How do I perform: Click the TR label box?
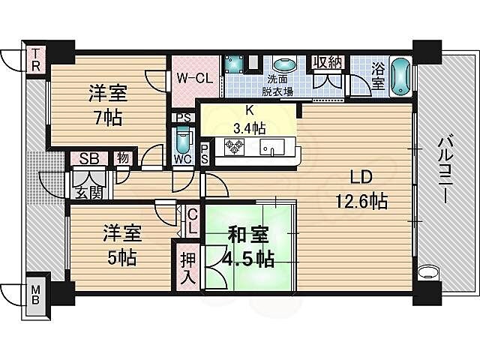point(34,61)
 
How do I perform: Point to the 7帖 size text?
point(108,118)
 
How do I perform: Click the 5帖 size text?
point(120,257)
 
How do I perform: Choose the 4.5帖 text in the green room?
point(248,259)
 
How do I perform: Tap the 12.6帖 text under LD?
point(362,201)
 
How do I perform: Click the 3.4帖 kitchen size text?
point(249,127)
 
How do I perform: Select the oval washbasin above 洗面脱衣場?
point(283,65)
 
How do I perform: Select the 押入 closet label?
point(188,267)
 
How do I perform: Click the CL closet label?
point(192,220)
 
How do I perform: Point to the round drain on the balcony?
point(427,271)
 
